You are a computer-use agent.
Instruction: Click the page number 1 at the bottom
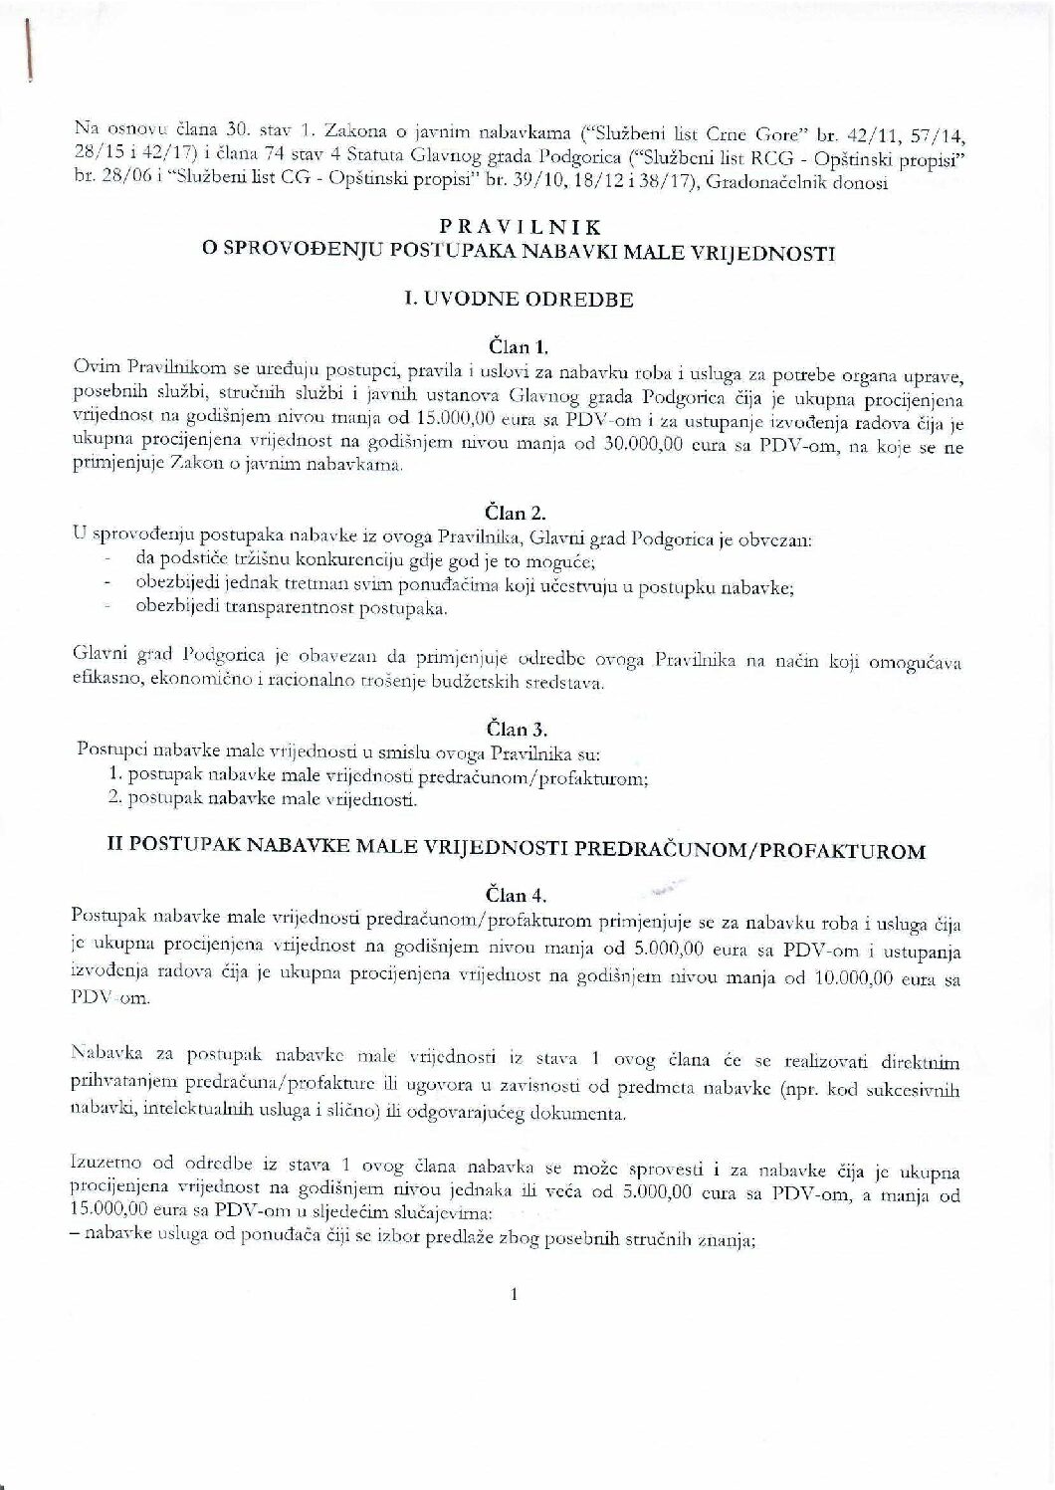coord(514,1295)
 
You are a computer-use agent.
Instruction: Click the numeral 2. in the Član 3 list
coord(113,799)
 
